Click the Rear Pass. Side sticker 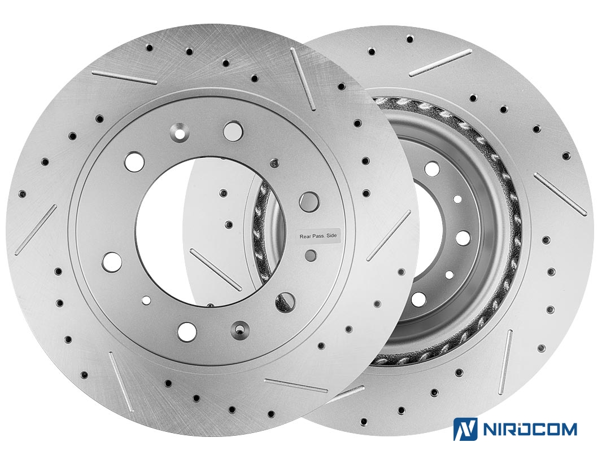click(318, 236)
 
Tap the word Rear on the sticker click(305, 236)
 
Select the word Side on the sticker click(331, 236)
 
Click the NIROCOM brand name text click(529, 429)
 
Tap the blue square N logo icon click(465, 429)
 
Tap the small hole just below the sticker click(311, 255)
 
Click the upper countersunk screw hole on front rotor click(178, 132)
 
